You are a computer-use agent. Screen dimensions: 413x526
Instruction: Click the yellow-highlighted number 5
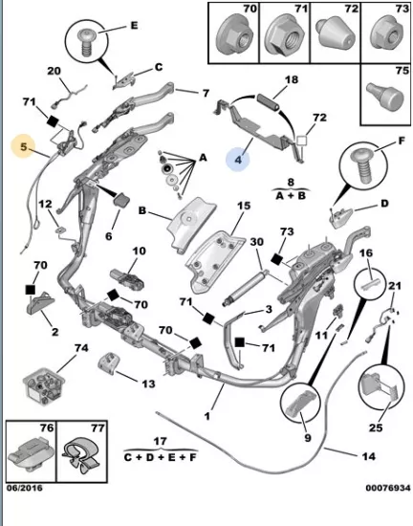point(23,146)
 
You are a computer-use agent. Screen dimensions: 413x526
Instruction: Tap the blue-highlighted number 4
point(238,160)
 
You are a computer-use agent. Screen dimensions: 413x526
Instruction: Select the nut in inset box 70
point(234,36)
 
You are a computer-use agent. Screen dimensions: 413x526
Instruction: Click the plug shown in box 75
point(385,95)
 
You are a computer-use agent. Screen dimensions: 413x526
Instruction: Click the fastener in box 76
point(31,451)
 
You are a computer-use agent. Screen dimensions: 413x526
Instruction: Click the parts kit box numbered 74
point(44,386)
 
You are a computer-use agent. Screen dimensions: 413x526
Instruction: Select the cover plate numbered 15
point(214,262)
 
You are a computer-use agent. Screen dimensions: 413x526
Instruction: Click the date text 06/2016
point(25,488)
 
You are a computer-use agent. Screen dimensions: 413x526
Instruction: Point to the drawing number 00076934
point(388,488)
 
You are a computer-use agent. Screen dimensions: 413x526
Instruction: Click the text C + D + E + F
point(161,457)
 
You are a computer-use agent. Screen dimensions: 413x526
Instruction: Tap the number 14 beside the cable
point(369,456)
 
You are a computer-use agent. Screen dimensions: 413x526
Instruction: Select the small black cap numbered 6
point(122,199)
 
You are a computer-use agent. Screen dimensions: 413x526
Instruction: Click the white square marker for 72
point(301,141)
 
